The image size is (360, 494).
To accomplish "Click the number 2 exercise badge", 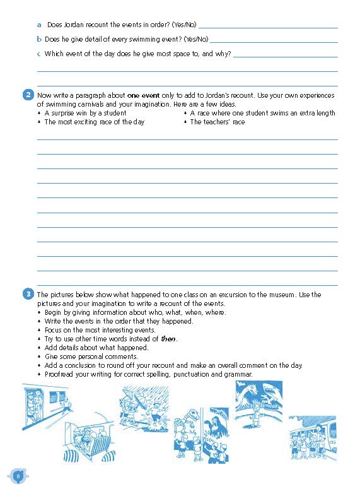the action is click(28, 96).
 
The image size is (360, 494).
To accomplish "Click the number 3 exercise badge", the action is click(28, 294).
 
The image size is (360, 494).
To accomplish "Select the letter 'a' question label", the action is click(39, 25).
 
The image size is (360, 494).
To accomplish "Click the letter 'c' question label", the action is click(39, 54).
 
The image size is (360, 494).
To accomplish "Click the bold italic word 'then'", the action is click(168, 339).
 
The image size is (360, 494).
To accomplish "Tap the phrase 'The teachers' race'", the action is click(218, 122).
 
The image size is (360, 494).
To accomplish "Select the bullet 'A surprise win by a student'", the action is click(85, 113).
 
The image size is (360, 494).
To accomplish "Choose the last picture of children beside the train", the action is click(312, 442).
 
